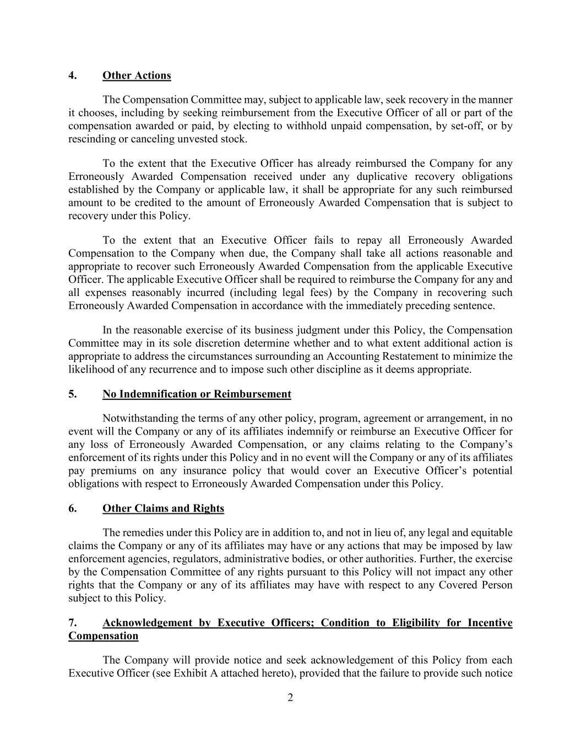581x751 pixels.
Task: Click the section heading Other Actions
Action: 137,75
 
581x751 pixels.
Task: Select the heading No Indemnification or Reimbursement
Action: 197,394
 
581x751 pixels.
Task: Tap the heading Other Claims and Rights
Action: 163,508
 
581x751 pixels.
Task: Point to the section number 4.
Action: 72,75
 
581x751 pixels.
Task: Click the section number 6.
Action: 72,508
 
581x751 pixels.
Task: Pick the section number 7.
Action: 72,623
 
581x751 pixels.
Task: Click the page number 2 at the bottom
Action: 290,698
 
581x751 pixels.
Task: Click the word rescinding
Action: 91,139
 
